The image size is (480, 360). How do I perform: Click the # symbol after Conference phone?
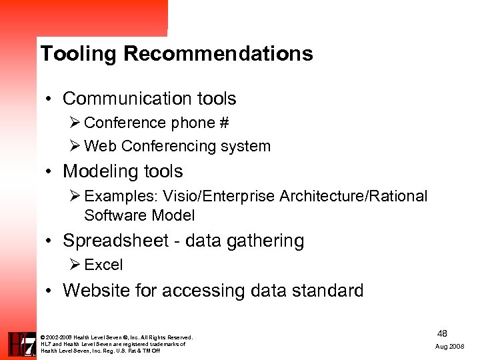[223, 123]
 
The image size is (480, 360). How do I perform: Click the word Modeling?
[98, 171]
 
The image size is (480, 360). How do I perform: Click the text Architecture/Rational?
[353, 196]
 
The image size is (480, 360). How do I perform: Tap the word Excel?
[103, 265]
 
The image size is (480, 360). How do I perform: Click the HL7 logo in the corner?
[21, 344]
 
